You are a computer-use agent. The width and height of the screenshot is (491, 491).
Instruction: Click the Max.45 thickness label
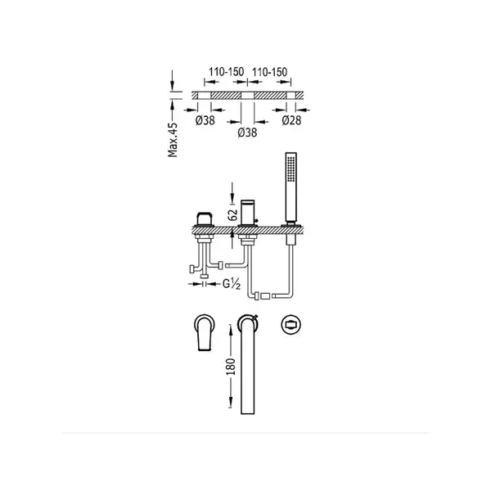(173, 140)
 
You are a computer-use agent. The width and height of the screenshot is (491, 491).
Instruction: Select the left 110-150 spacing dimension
(226, 72)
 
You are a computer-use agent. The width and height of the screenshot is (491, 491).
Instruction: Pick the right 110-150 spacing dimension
(269, 72)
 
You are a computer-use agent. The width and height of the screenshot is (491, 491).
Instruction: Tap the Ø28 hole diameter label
(291, 120)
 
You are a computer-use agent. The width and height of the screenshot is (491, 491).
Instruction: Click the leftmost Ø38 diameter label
(205, 120)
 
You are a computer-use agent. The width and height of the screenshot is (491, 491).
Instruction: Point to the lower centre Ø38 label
(247, 133)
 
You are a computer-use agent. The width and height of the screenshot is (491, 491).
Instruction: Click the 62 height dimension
(232, 215)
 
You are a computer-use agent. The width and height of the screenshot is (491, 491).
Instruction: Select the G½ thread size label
(232, 284)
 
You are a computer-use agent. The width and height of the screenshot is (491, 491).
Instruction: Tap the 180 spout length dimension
(231, 367)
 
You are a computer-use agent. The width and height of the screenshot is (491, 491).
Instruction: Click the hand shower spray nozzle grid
(291, 168)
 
